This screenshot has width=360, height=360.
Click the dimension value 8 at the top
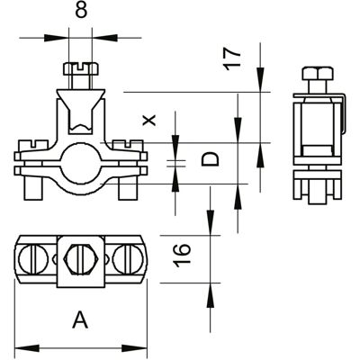click(81, 11)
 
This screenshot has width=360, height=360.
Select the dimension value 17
click(233, 59)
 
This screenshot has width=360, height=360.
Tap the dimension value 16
click(182, 256)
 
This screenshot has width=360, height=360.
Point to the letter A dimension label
click(80, 319)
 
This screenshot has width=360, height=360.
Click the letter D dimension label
click(210, 159)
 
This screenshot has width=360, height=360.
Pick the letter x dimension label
click(149, 120)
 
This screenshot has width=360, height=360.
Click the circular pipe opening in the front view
click(81, 164)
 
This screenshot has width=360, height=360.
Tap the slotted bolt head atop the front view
click(81, 68)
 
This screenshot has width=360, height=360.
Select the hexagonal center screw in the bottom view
click(81, 259)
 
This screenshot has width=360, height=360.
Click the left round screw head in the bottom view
click(33, 259)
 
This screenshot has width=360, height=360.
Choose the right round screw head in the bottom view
click(129, 259)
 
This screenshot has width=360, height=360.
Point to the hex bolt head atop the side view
click(318, 74)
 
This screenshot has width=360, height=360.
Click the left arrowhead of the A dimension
click(27, 348)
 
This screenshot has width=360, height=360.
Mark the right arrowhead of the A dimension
click(134, 348)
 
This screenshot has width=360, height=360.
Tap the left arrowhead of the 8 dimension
click(57, 38)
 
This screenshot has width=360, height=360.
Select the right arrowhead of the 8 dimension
click(104, 38)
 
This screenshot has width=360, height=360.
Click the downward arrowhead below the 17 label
click(260, 79)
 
